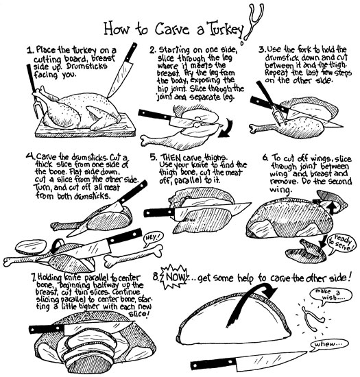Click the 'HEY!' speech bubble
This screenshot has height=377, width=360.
click(152, 239)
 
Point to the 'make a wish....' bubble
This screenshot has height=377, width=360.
click(331, 295)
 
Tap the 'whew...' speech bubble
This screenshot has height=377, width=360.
click(328, 344)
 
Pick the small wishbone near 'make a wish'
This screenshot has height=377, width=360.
click(313, 318)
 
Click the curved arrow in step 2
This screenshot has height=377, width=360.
click(226, 128)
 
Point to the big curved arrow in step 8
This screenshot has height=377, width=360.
click(250, 300)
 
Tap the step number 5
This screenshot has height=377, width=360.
click(154, 157)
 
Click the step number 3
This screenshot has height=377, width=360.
click(262, 50)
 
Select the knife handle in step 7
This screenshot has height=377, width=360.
click(47, 329)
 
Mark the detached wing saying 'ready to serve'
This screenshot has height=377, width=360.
click(305, 252)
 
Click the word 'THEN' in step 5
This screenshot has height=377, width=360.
click(171, 158)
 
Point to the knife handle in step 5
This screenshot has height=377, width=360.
click(159, 212)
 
